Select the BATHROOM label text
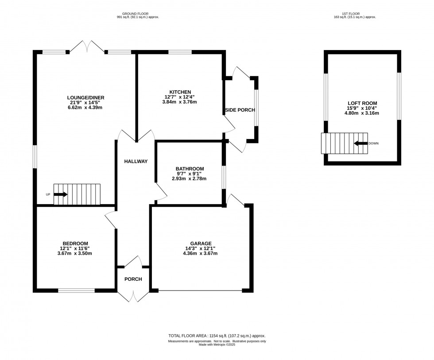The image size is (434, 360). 190,169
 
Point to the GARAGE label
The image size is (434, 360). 201,243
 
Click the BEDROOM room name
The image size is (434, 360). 75,243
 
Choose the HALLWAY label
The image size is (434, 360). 136,161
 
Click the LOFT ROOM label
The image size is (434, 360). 362,103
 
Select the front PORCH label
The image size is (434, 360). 133,279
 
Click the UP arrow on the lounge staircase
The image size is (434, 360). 61,194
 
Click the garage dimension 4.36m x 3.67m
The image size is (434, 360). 201,253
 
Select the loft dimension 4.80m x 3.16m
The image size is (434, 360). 362,113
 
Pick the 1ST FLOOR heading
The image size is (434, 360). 355,13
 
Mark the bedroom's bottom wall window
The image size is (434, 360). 76,290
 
